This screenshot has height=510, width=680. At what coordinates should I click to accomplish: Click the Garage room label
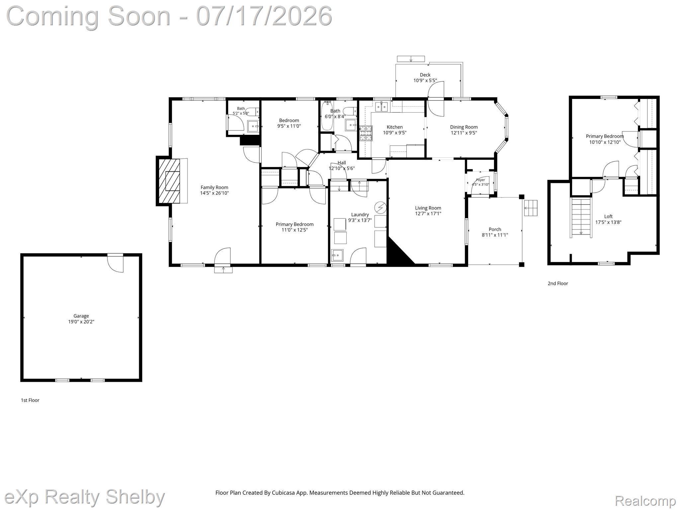(x=81, y=316)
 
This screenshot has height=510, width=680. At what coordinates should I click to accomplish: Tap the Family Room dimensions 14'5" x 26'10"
(x=214, y=193)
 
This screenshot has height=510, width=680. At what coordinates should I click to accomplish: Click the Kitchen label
(x=395, y=127)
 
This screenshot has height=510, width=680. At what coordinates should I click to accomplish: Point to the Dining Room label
(x=464, y=127)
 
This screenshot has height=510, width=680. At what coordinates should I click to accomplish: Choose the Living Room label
(x=428, y=208)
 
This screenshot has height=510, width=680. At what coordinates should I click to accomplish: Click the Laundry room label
(x=360, y=214)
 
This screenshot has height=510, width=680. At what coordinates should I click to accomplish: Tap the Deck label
(x=425, y=75)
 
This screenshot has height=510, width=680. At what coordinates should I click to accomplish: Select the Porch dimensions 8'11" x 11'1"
(x=495, y=235)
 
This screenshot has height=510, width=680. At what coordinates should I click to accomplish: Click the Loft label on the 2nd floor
(x=608, y=216)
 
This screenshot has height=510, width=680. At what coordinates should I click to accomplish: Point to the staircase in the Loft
(x=581, y=217)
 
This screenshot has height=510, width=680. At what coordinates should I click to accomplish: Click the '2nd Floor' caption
(x=558, y=283)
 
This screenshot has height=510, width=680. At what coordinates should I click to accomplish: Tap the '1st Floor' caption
(x=30, y=400)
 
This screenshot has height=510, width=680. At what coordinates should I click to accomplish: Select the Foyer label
(x=480, y=180)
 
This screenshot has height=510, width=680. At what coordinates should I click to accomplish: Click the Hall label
(x=342, y=163)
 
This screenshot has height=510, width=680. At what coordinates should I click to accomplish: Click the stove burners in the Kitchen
(x=366, y=133)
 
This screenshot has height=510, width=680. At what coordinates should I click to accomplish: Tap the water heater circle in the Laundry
(x=381, y=208)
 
